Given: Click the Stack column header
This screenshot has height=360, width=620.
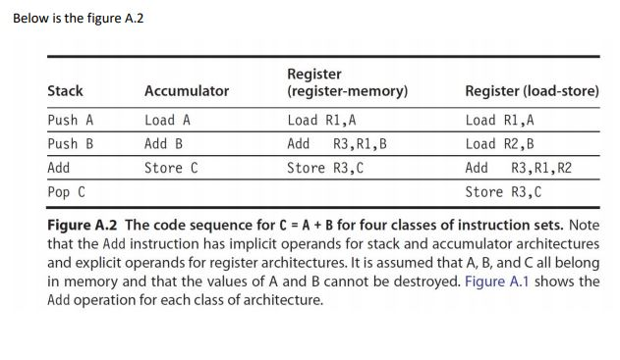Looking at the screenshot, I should tap(66, 91).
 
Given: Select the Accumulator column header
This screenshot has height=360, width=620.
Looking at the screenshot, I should tap(187, 91).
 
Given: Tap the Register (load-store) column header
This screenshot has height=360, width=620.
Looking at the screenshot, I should tap(532, 91).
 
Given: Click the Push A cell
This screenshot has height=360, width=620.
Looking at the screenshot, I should tap(71, 121).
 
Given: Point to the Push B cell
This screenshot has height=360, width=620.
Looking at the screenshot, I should tap(71, 144).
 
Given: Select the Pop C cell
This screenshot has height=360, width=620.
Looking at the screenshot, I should tap(67, 191).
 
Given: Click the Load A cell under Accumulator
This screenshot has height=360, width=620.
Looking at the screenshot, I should tap(168, 121).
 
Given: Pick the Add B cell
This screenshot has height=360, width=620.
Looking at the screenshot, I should tap(164, 144).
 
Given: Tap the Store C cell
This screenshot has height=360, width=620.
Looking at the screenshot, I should tap(172, 168).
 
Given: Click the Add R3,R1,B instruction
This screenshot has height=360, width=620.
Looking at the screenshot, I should tap(337, 144).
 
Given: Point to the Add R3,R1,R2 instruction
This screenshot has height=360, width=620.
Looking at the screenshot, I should tap(518, 168).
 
